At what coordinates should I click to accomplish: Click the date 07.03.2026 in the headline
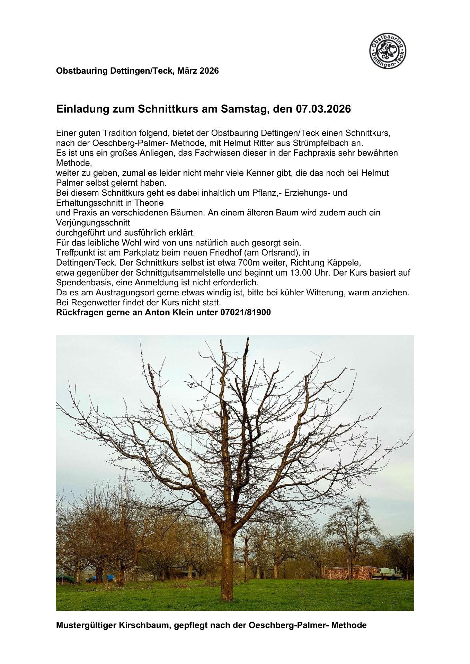click(x=323, y=109)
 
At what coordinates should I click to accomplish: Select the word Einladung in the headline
click(x=79, y=109)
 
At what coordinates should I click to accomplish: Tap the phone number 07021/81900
click(x=245, y=313)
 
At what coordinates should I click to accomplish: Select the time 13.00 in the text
click(x=300, y=273)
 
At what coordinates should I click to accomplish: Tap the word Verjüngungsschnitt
click(x=93, y=223)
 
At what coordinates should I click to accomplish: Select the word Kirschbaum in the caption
click(x=143, y=625)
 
